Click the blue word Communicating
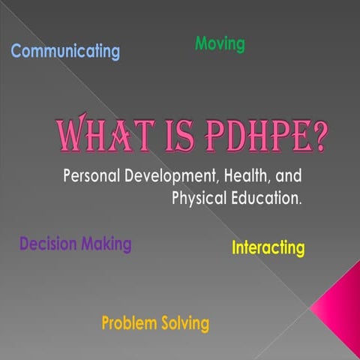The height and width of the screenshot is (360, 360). click(x=65, y=51)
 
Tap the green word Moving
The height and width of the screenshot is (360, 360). click(x=220, y=43)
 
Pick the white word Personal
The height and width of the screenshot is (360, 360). click(x=94, y=177)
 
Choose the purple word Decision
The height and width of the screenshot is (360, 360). click(x=47, y=244)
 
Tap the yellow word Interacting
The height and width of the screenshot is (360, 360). click(x=268, y=248)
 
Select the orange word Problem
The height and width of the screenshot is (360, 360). click(x=128, y=324)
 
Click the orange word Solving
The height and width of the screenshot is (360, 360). click(x=184, y=324)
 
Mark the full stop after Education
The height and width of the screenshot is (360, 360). click(x=301, y=202)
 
